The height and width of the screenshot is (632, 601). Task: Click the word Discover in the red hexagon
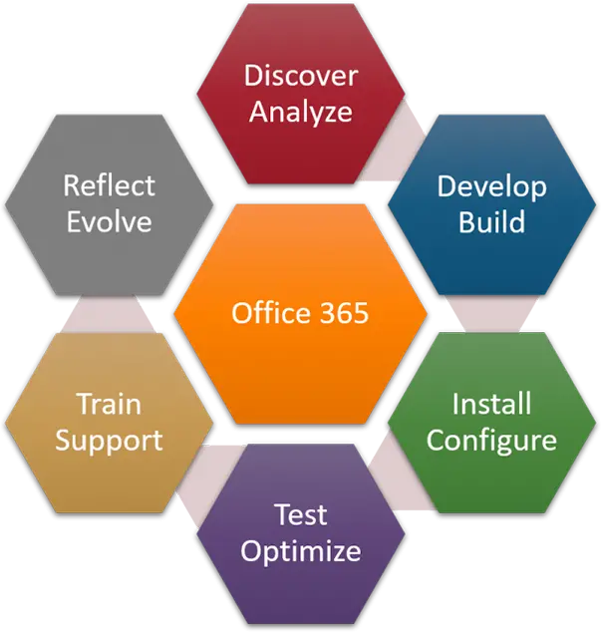coord(300,75)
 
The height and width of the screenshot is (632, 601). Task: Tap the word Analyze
coord(300,111)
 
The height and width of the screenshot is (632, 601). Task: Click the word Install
coord(491,404)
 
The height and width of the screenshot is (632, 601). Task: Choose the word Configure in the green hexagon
coord(491,440)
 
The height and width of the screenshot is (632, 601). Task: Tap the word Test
coord(300,514)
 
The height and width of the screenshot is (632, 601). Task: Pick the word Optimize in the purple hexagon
coord(300,550)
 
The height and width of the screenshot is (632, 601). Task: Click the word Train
coord(109,404)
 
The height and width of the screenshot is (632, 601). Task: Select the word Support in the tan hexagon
coord(109,440)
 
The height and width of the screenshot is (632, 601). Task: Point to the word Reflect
coord(109,185)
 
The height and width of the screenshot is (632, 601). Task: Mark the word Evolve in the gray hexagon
coord(109,221)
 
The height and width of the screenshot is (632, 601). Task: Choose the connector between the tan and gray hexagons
coord(110,312)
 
